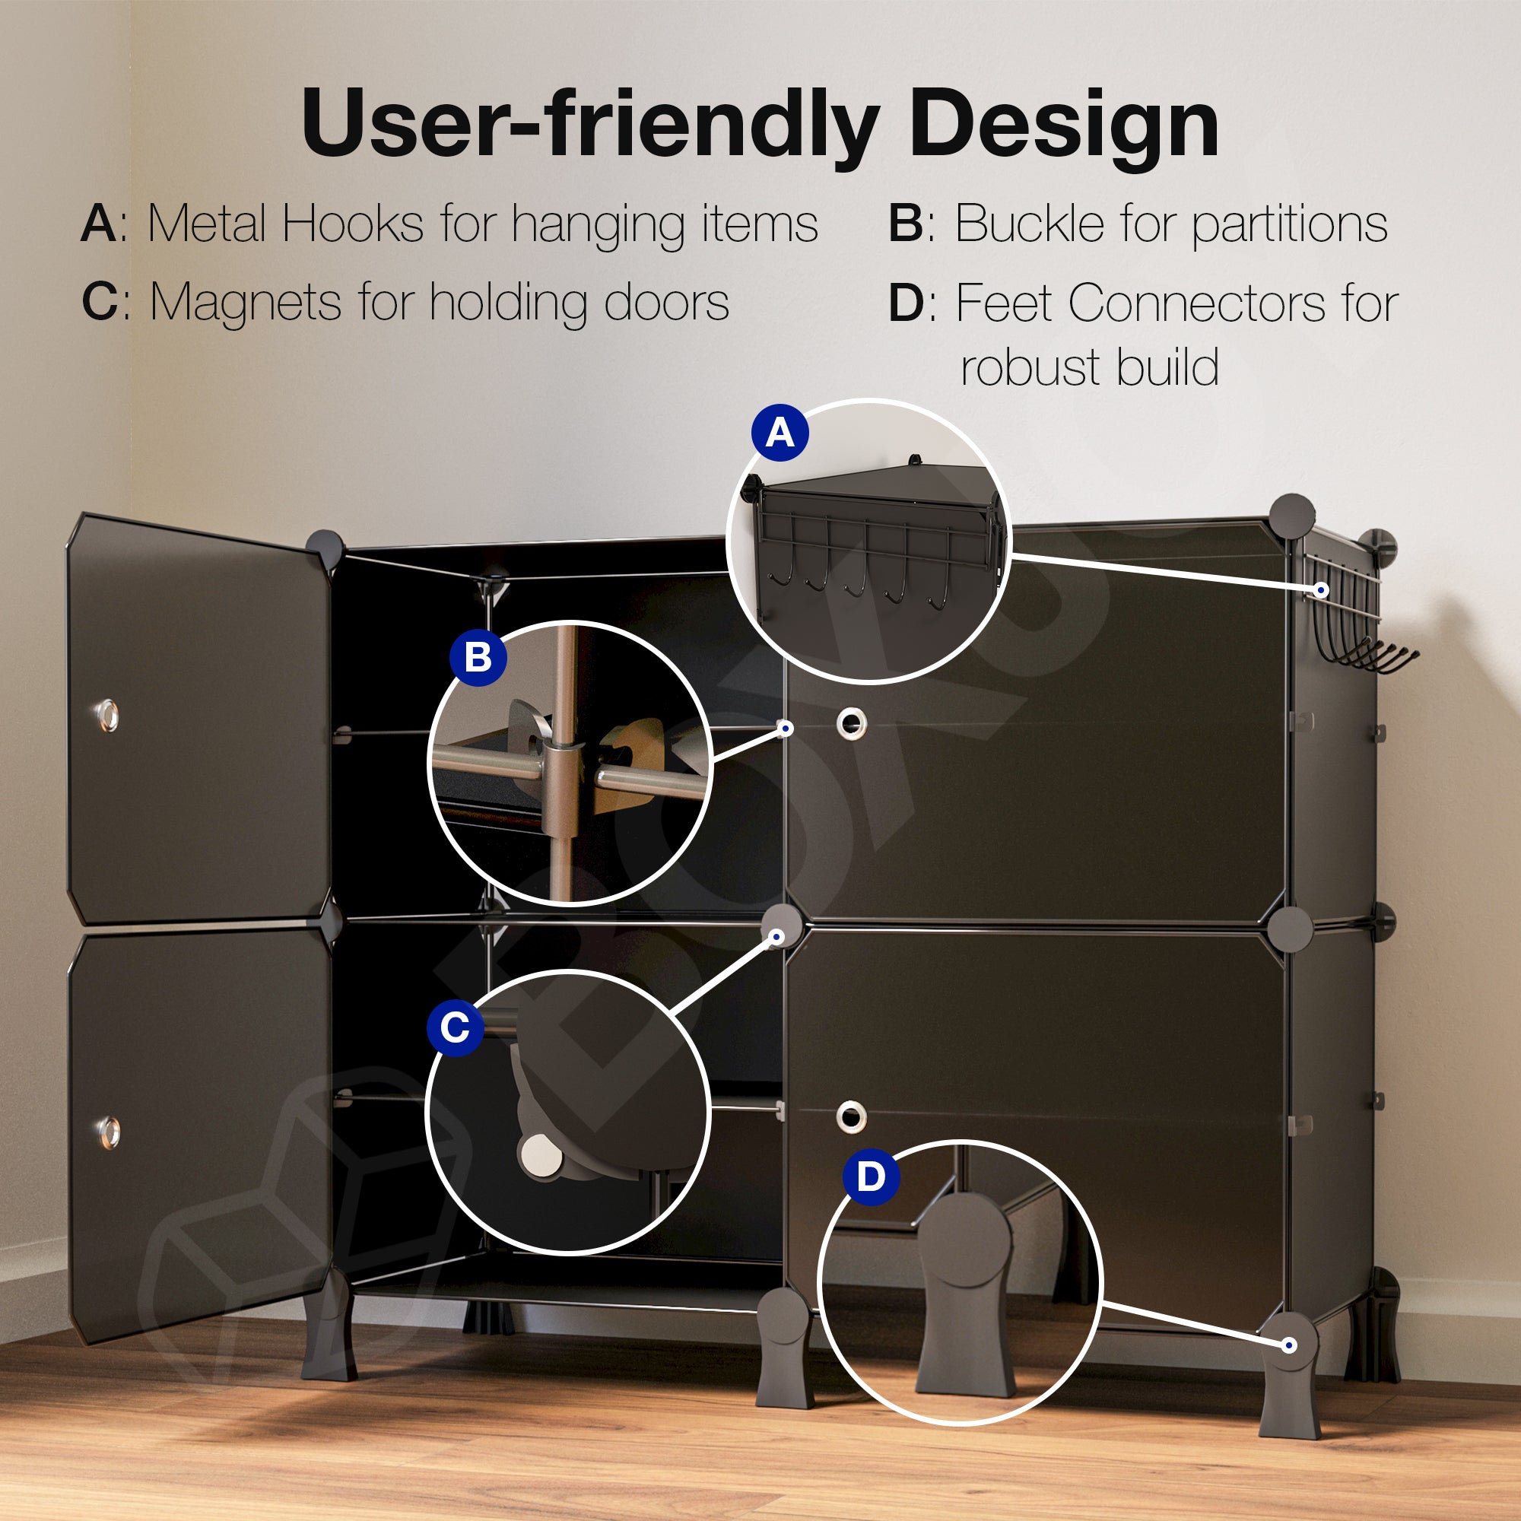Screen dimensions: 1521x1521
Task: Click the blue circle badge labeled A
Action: pos(780,432)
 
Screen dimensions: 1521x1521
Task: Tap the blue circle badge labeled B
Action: pos(478,657)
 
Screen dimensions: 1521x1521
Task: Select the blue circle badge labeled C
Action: pos(455,1027)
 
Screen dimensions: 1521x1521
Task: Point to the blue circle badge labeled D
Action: pos(871,1176)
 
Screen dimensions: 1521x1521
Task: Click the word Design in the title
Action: pos(1064,125)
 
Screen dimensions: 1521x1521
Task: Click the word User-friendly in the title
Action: pos(589,125)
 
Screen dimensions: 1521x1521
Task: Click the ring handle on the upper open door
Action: pos(107,714)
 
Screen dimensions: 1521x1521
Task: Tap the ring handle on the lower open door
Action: pos(109,1132)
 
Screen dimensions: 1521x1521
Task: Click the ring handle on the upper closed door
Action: pos(851,722)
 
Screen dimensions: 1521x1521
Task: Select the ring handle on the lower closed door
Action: pos(850,1116)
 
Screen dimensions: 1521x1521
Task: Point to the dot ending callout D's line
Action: pos(1289,1345)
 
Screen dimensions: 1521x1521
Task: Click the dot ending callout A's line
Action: pos(1322,589)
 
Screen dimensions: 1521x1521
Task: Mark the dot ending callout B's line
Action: pos(785,729)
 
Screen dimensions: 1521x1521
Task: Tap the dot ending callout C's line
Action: pos(776,937)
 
